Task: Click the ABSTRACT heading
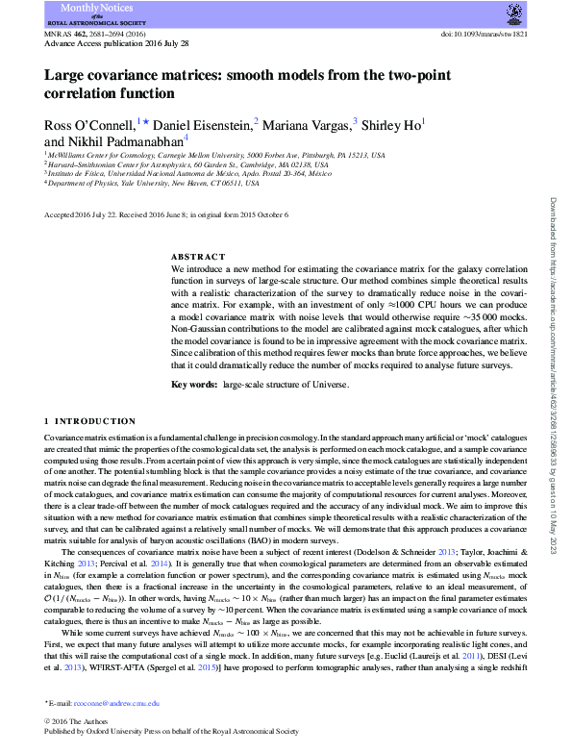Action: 198,258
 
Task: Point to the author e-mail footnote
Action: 105,704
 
